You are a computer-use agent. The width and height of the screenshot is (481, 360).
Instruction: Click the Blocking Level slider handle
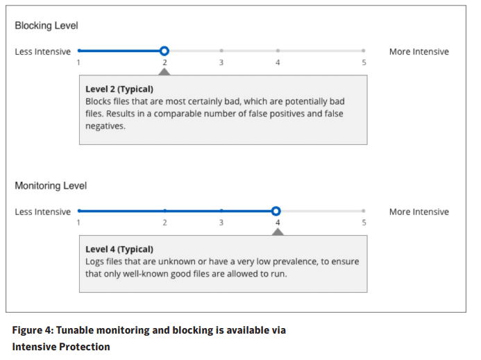[x=164, y=51]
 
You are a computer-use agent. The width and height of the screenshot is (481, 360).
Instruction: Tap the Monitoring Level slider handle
[x=276, y=211]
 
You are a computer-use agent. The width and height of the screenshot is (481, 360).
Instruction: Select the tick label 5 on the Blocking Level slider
[x=364, y=62]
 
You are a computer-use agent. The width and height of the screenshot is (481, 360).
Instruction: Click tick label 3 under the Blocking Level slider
[x=221, y=62]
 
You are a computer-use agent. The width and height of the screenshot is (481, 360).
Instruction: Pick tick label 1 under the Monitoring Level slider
[x=78, y=223]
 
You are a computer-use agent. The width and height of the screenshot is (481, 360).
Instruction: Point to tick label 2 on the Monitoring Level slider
[x=164, y=223]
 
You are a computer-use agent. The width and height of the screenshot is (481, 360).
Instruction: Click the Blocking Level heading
[x=47, y=26]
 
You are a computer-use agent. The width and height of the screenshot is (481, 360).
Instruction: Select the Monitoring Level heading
[x=51, y=185]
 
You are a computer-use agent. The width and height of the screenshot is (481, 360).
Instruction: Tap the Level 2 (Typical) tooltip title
[x=119, y=89]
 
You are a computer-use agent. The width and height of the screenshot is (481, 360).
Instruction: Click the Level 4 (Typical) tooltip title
[x=119, y=249]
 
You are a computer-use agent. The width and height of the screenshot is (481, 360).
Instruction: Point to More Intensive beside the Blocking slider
[x=419, y=51]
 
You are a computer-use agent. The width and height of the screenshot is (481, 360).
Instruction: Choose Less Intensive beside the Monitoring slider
[x=42, y=212]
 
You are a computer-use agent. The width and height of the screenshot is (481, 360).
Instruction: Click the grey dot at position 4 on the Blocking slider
[x=278, y=51]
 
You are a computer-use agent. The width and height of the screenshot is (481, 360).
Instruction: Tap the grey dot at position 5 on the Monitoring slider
[x=364, y=211]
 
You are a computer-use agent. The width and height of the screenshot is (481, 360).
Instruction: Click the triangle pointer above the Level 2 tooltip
[x=164, y=72]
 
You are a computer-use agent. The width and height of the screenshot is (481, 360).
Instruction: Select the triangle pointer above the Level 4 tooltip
[x=278, y=232]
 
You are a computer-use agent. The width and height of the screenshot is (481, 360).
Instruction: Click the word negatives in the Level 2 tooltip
[x=106, y=126]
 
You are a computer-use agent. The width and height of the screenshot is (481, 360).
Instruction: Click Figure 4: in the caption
[x=33, y=330]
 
